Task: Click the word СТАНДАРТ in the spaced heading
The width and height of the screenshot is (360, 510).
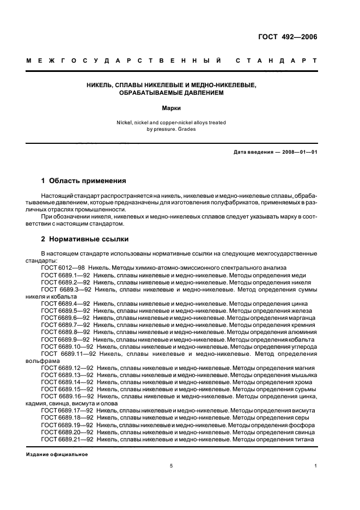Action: click(276, 62)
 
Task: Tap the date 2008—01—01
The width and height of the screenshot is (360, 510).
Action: click(297, 151)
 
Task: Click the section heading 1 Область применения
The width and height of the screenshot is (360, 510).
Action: click(84, 180)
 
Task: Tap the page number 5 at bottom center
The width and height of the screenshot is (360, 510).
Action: click(171, 466)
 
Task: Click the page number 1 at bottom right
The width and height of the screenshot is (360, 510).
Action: click(316, 466)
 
